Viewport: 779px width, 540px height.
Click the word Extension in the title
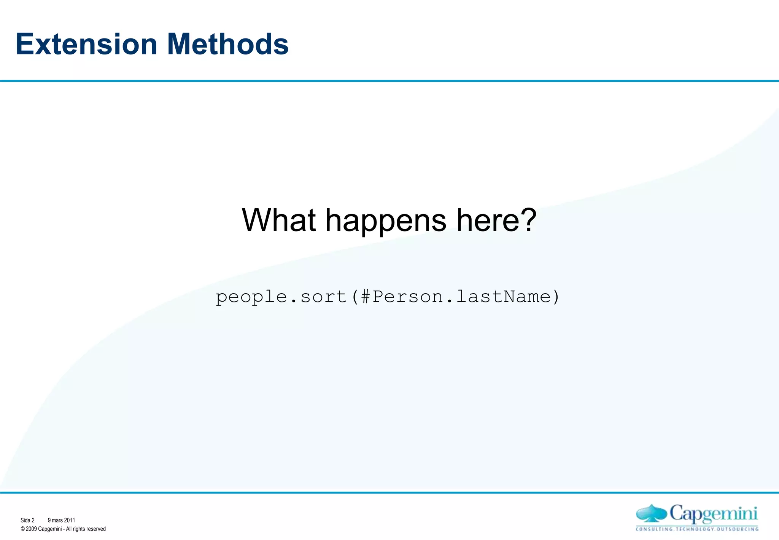pos(86,44)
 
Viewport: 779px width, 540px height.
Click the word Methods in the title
pos(228,44)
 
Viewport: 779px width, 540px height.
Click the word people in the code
pos(251,297)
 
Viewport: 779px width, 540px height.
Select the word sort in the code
pos(323,297)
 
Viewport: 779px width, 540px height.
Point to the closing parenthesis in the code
pos(556,297)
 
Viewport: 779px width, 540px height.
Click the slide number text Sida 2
pos(27,520)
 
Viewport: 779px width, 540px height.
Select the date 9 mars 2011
pos(61,520)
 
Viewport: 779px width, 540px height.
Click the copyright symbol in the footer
pos(23,529)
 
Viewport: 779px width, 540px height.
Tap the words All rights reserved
pos(86,529)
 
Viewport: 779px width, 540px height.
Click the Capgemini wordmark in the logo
pos(713,514)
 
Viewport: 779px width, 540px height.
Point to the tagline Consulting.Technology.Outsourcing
pos(697,529)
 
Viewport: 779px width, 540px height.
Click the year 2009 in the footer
pos(31,529)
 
